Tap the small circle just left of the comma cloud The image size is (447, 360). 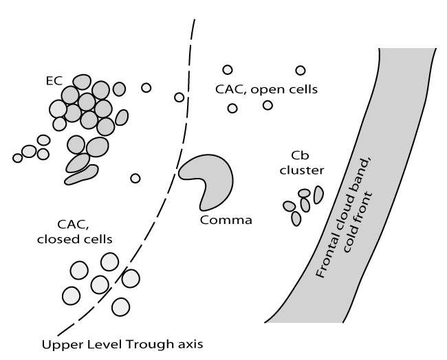135,179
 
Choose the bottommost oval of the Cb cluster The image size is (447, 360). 296,218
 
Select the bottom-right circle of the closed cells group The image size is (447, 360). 121,306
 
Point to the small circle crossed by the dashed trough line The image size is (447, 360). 179,97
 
